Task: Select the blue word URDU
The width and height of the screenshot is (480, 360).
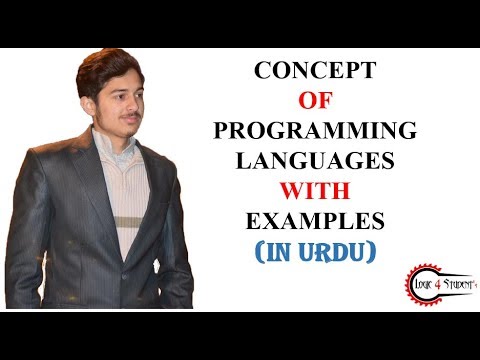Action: (x=338, y=250)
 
